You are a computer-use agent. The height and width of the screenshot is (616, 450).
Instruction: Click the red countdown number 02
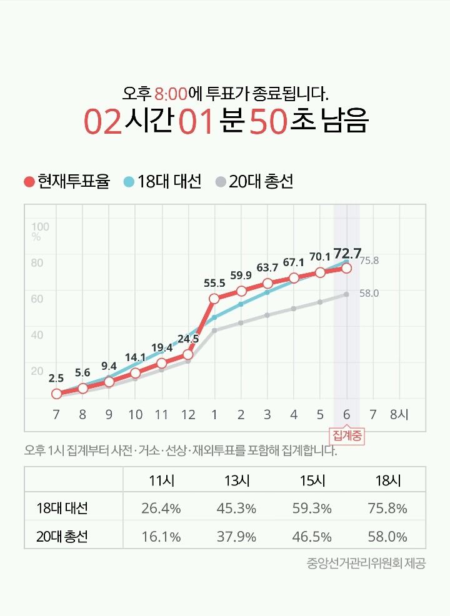click(x=103, y=122)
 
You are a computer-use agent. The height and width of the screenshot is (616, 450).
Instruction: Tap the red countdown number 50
click(x=267, y=122)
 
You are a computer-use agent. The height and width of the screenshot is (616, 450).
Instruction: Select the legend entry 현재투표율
click(x=67, y=182)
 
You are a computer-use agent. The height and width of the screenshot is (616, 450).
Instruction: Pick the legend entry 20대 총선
click(x=254, y=182)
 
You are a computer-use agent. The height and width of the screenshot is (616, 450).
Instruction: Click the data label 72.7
click(x=347, y=253)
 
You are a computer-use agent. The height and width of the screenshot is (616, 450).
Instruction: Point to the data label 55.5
click(x=214, y=283)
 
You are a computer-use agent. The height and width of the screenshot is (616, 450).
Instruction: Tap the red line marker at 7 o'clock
click(x=56, y=394)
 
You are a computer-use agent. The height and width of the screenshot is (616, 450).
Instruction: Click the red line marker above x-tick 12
click(x=187, y=355)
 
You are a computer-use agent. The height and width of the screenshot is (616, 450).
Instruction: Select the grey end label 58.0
click(x=369, y=293)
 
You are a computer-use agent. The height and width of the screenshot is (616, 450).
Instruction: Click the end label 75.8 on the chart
click(x=369, y=261)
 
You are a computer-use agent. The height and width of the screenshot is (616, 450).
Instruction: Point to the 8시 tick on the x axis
click(x=399, y=415)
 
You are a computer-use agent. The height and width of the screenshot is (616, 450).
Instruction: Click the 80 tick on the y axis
click(x=37, y=262)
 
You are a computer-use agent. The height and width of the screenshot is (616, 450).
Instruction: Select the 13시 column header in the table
click(x=236, y=481)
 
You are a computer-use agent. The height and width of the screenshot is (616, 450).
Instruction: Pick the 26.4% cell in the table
click(x=161, y=509)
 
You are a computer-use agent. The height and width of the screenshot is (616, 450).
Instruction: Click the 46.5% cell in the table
click(x=312, y=537)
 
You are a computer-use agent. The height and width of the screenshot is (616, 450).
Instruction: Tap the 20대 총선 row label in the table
click(x=62, y=537)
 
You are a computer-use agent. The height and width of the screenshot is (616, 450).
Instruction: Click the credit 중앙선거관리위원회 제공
click(x=366, y=564)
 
